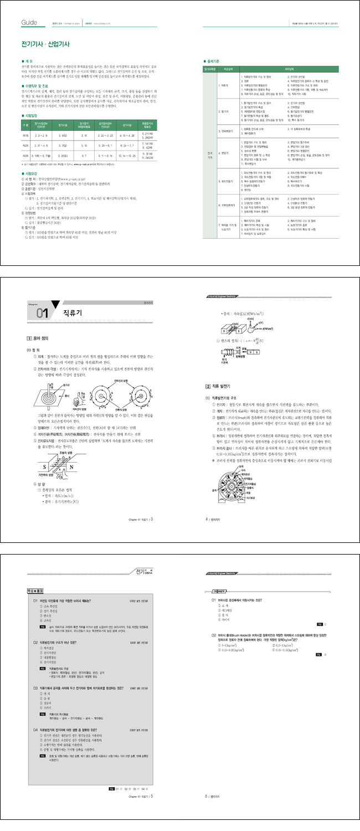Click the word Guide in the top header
(x=28, y=23)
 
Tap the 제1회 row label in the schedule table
(x=25, y=135)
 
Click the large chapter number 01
(x=42, y=314)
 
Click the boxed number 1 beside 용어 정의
(x=29, y=337)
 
